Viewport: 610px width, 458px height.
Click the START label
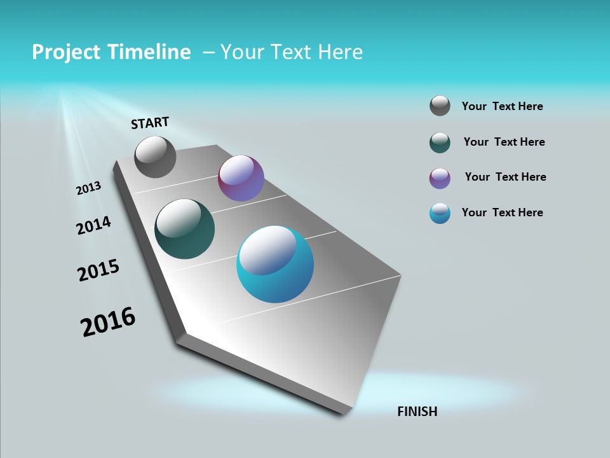coord(150,123)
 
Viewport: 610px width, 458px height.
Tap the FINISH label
coord(417,412)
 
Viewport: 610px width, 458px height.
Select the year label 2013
coord(88,188)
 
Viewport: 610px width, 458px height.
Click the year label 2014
coord(93,226)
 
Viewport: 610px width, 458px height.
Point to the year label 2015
coord(98,270)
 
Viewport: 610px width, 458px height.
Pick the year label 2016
coord(108,322)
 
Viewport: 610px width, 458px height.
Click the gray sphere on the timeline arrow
coord(155,156)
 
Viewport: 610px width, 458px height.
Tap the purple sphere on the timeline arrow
coord(241,178)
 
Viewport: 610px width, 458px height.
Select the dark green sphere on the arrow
coord(184,229)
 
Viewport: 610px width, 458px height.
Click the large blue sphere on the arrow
coord(275,264)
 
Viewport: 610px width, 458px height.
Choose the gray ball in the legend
coord(440,106)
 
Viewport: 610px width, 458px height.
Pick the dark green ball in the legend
coord(440,142)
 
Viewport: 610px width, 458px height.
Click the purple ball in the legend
coord(440,178)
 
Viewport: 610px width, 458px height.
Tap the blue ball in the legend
coord(440,213)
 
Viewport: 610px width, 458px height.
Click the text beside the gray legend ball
coord(502,106)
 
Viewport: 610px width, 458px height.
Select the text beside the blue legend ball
coord(502,212)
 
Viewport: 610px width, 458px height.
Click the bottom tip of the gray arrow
coord(343,412)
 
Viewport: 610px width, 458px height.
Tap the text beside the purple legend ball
coord(505,177)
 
